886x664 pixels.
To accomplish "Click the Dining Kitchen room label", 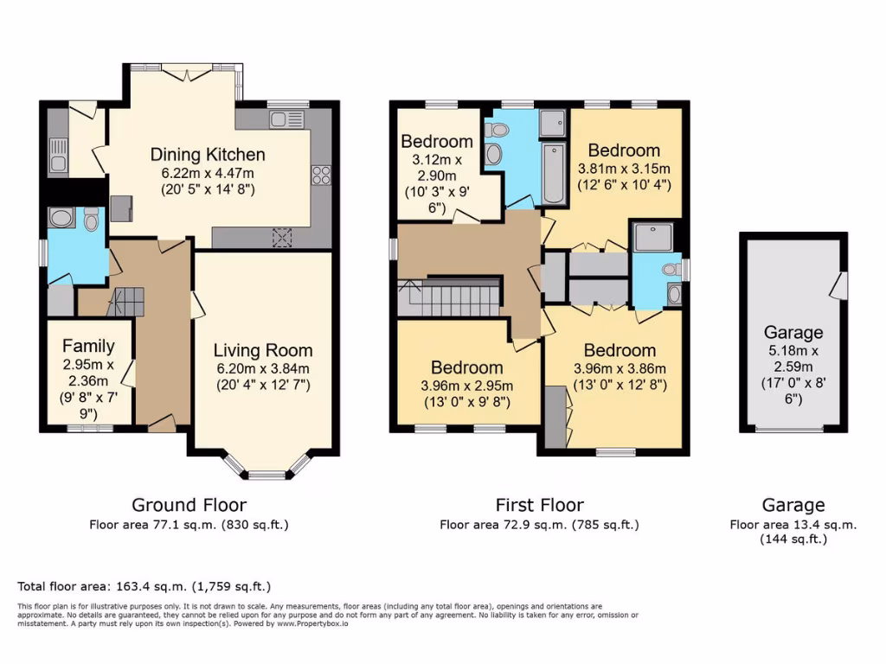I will (208, 156).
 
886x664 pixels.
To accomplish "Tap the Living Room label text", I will (263, 350).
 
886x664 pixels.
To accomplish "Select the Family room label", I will (88, 346).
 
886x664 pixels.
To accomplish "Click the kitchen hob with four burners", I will (321, 175).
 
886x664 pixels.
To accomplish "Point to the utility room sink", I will (58, 155).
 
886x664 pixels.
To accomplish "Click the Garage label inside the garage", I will (793, 332).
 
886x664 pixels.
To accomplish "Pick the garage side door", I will (837, 285).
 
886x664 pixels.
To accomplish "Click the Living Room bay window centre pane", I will (267, 474).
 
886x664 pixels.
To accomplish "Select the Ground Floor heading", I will (189, 505).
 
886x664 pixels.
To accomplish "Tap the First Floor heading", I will (539, 505).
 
